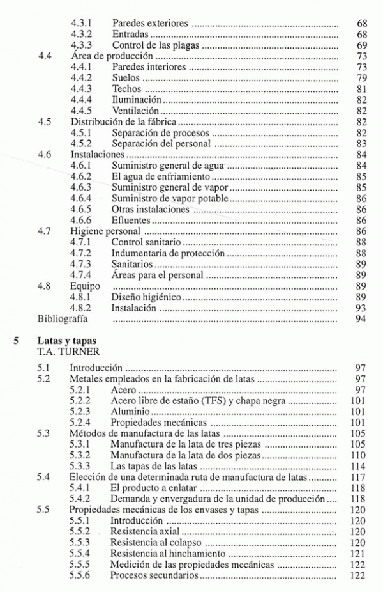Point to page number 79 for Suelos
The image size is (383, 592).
tap(361, 78)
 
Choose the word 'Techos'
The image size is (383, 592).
tap(126, 89)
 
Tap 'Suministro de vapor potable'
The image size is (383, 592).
tap(169, 199)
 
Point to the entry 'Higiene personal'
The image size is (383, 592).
tap(106, 231)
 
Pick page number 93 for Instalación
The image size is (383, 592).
tap(361, 308)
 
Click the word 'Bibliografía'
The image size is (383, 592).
tap(61, 319)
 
